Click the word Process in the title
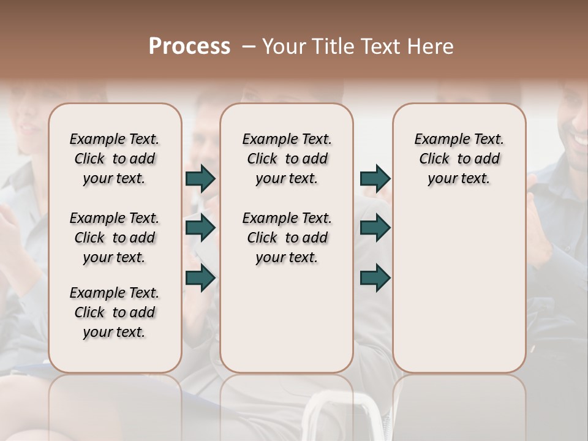pos(189,46)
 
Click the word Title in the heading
pos(331,46)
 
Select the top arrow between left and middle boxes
pos(200,178)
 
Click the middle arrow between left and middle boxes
pos(200,228)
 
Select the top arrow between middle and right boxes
pos(375,178)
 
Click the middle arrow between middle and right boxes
pos(375,228)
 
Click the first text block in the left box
pos(115,159)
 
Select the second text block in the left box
pos(115,238)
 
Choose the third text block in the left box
pos(115,312)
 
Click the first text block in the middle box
pos(287,159)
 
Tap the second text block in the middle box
pos(287,238)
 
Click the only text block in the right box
pos(459,159)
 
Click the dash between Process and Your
pos(248,47)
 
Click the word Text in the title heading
pos(380,46)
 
